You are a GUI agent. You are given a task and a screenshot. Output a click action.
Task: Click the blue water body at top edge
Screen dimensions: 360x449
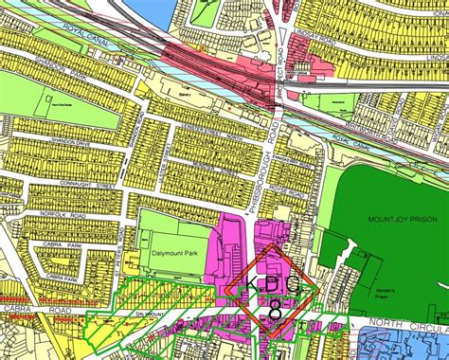click(x=142, y=9)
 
